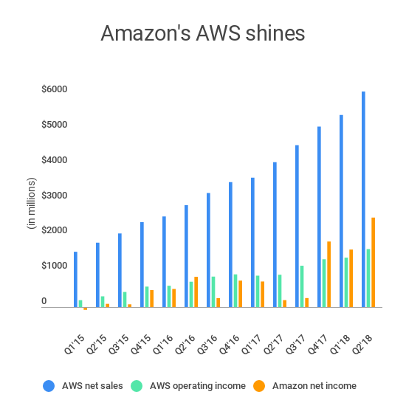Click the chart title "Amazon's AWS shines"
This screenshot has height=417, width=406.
click(x=202, y=34)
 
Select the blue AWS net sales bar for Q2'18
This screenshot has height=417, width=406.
click(x=363, y=199)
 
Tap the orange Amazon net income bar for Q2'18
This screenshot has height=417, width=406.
click(x=374, y=262)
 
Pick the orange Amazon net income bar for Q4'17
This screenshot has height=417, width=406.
click(x=328, y=274)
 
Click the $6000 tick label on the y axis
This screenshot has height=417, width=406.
click(x=55, y=90)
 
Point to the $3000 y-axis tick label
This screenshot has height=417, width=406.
click(x=55, y=196)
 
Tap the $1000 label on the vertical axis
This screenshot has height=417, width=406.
click(x=55, y=266)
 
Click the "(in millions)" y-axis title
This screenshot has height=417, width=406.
click(x=31, y=203)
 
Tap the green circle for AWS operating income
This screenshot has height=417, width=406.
click(x=138, y=385)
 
